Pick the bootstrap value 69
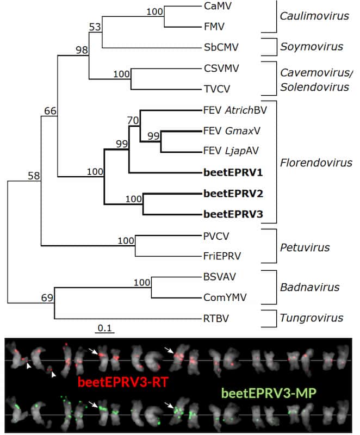click(x=47, y=298)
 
